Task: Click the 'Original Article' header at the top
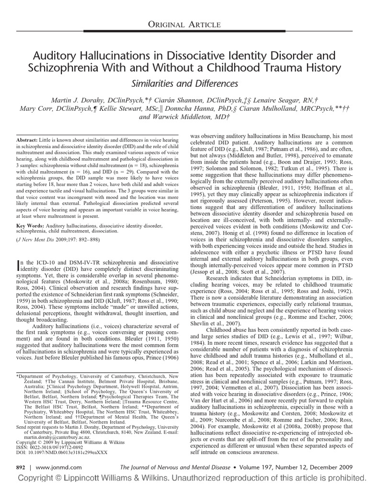184,24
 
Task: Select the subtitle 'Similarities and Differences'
184,83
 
